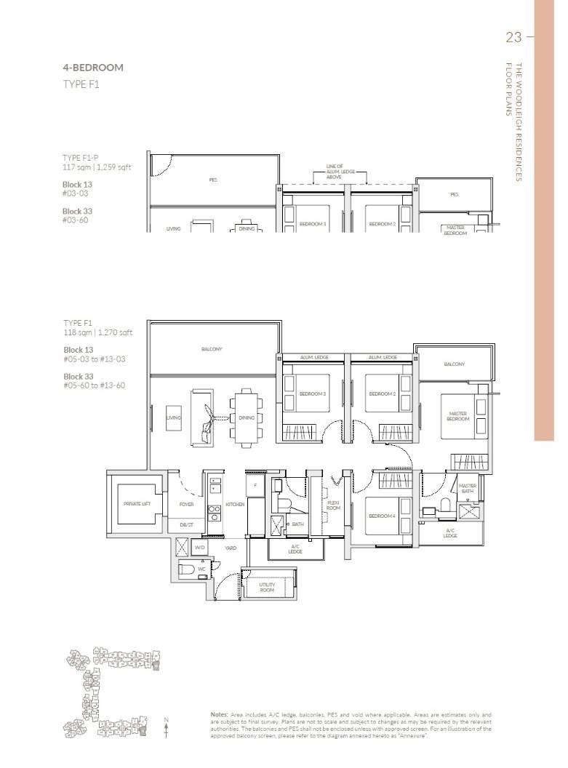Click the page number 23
coord(513,37)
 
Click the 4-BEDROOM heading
coord(93,68)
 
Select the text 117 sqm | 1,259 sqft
coord(97,167)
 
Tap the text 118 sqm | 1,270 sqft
coord(97,332)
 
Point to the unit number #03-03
coord(75,193)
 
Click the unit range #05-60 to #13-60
coord(94,385)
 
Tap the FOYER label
coord(187,503)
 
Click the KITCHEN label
coord(234,503)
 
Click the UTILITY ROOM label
coord(267,587)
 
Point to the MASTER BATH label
coord(467,488)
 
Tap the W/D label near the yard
coord(199,548)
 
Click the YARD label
coord(230,548)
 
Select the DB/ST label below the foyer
coord(186,524)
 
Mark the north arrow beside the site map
coord(167,728)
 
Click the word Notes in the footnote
coord(220,715)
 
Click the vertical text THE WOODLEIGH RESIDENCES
coord(519,121)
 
